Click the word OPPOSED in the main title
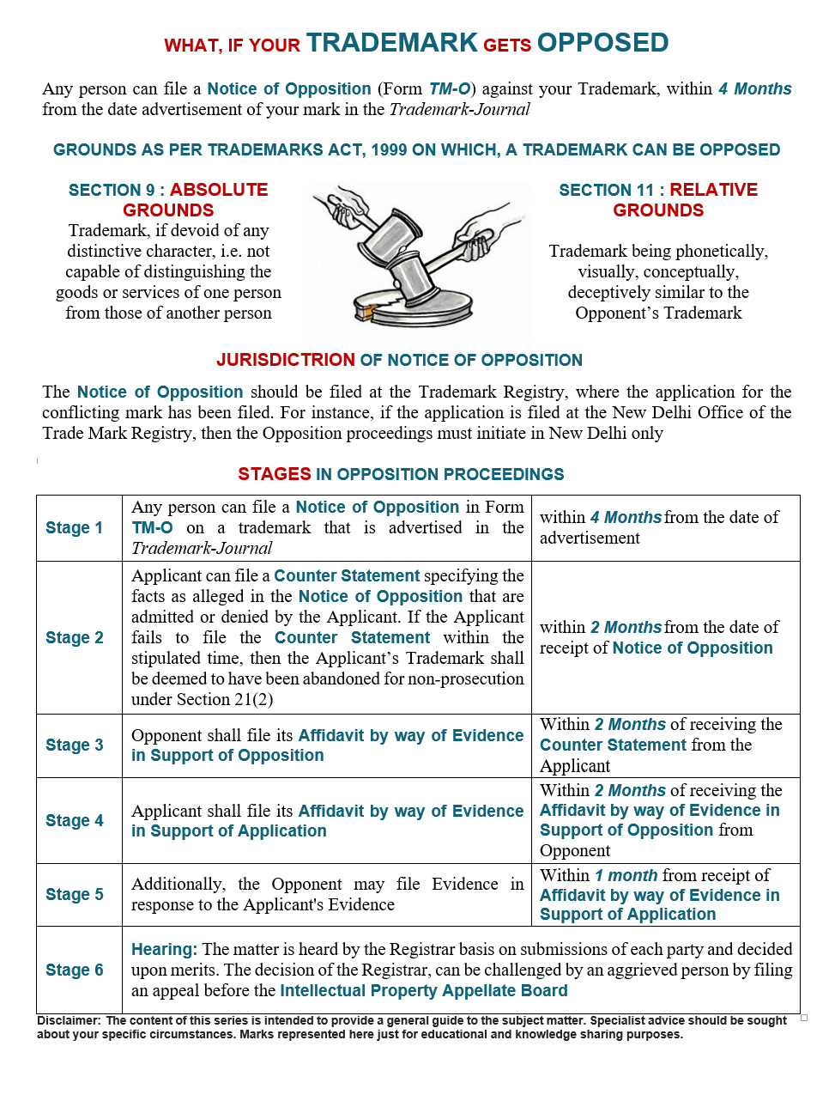602,43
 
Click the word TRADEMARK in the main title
391,43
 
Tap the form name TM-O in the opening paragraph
450,88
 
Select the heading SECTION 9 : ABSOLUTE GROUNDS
168,199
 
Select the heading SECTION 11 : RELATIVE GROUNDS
658,199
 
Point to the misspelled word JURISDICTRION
285,360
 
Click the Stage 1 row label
75,527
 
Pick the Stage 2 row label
75,637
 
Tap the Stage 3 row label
75,745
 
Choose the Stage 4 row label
75,820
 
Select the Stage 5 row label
75,894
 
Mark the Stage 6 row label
75,970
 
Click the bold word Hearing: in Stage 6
164,949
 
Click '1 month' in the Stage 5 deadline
626,875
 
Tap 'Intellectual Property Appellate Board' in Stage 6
424,990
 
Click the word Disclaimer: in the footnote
69,1020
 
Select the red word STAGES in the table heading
275,474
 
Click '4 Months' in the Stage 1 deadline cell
626,517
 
